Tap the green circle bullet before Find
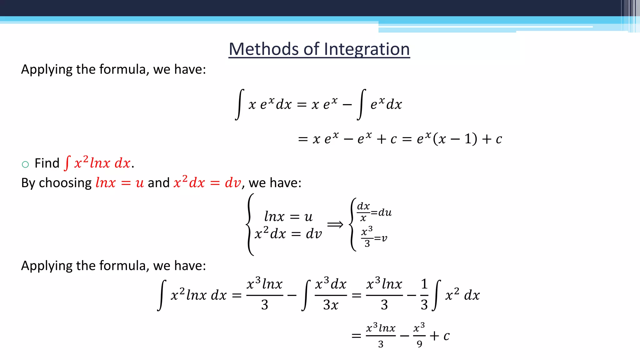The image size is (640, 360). pos(25,164)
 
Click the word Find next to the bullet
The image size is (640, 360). pos(47,163)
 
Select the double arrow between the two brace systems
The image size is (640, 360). pos(335,224)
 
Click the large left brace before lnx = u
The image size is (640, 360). pos(250,224)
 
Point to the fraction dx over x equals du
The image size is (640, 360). pos(374,212)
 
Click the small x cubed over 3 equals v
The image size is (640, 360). pos(374,237)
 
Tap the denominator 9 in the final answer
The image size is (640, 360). pos(419,344)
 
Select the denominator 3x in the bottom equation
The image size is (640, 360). pos(331,305)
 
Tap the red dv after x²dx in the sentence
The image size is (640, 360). pos(233,183)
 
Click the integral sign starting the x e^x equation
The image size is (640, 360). pos(239,104)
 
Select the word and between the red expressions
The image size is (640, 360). pos(158,183)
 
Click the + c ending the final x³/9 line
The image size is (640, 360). pos(440,336)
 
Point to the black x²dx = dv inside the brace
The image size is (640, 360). pos(288,234)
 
